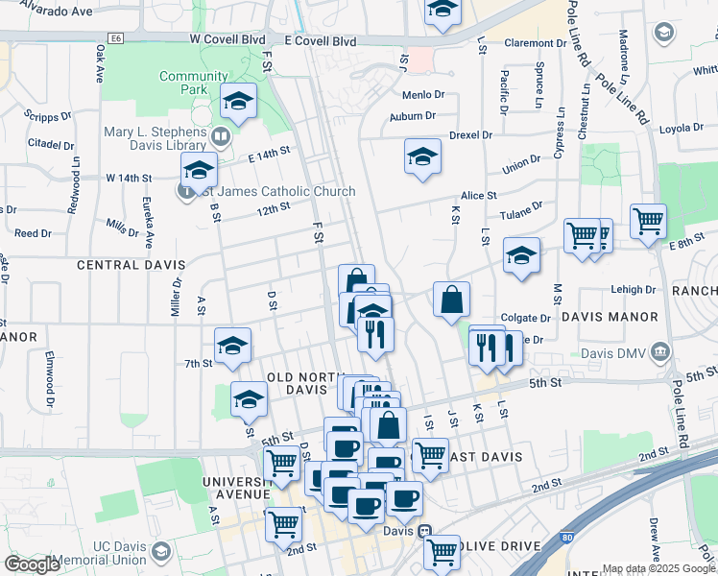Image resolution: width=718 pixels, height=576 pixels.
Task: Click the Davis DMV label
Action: [x=615, y=351]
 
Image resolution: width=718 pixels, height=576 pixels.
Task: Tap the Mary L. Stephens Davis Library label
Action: [x=156, y=137]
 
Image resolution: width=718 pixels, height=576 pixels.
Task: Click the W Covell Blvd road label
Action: [x=227, y=40]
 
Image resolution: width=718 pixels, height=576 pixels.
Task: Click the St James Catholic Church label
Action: [x=273, y=191]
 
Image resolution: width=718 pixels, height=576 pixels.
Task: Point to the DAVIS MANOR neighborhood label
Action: [x=610, y=316]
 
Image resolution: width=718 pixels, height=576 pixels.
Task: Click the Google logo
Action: [x=32, y=564]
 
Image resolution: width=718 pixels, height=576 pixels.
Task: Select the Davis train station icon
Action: [x=423, y=530]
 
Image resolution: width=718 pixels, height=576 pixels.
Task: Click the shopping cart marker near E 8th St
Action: [x=649, y=220]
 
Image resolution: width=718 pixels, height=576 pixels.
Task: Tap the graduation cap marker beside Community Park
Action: [x=237, y=100]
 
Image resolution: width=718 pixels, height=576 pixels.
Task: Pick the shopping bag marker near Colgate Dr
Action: [x=450, y=299]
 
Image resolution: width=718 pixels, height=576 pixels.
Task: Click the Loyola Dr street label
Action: [x=682, y=128]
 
